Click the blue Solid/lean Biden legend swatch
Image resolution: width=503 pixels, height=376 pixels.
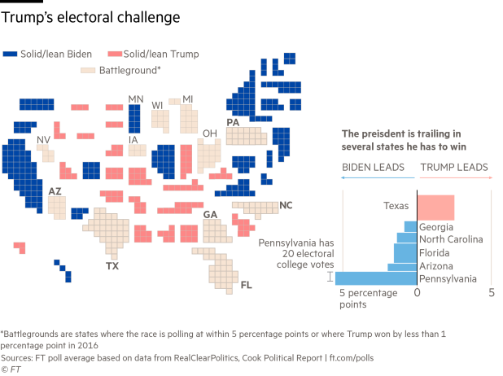11,54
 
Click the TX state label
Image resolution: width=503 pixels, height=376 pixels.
112,266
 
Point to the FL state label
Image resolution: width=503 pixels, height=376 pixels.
247,286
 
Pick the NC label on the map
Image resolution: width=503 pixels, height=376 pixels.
286,205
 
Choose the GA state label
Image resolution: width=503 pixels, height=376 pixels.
211,215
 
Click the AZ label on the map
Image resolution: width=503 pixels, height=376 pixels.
55,191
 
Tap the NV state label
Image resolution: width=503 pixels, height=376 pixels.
42,140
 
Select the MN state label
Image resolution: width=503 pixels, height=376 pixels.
135,99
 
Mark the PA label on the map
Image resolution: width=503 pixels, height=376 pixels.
233,122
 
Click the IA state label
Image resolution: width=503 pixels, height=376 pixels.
133,141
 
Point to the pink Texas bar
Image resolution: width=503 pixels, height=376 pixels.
435,208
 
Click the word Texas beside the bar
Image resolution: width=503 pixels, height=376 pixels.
396,207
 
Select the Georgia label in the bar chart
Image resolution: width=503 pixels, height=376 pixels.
437,227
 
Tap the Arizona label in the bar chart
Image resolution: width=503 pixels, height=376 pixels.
436,265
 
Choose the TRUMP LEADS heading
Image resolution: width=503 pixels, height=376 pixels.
453,166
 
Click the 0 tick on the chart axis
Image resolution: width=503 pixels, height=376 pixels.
417,292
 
